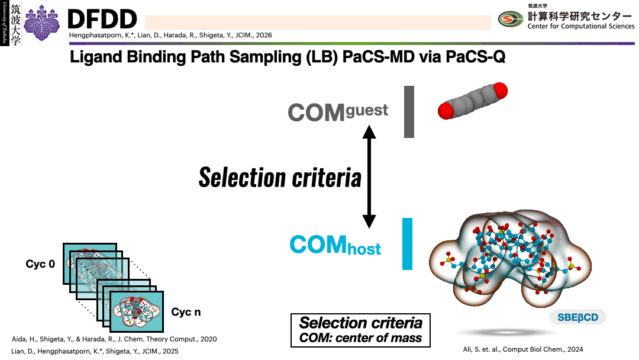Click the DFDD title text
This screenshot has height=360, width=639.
point(102,20)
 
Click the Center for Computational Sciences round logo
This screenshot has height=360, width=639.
point(511,20)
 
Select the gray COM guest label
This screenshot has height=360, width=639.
point(338,111)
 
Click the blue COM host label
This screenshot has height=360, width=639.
point(335,245)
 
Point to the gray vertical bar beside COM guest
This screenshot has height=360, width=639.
point(409,111)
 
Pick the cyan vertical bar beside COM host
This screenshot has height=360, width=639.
point(407,244)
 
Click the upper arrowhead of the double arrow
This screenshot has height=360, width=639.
point(369,131)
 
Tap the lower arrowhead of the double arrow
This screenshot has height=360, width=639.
point(369,221)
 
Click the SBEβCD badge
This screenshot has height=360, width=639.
point(577,317)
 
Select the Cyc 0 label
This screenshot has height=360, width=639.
point(40,264)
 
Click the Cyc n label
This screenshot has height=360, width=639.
point(186,312)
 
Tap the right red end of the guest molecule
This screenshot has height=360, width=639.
point(499,91)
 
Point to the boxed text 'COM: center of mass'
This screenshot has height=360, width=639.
point(360,339)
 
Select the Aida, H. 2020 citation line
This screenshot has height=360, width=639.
point(114,339)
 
